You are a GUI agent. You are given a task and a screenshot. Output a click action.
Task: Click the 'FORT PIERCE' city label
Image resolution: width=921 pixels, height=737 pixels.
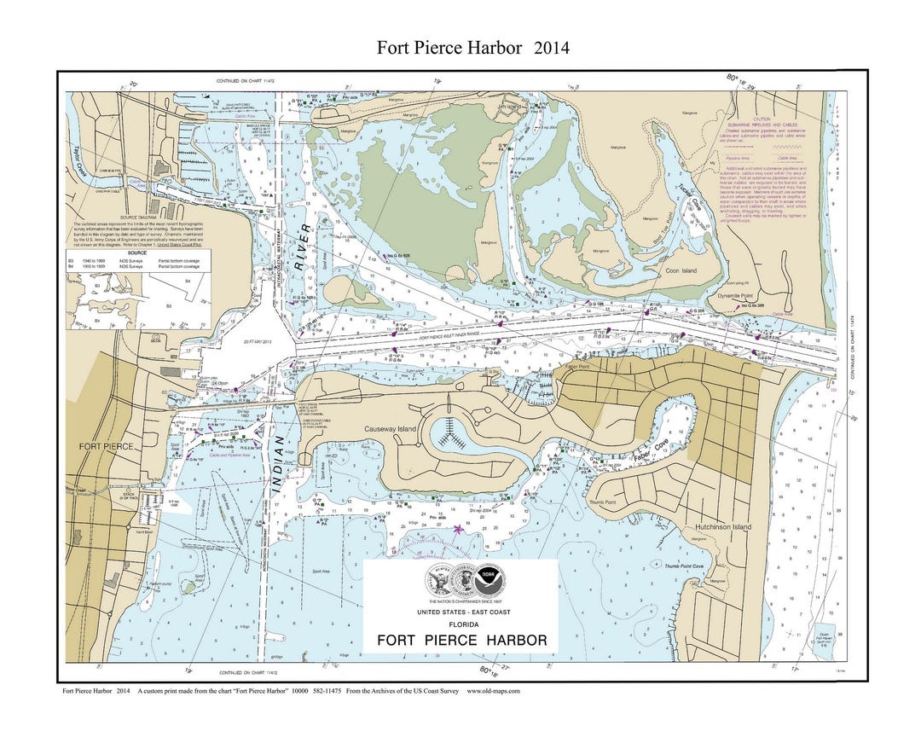point(106,446)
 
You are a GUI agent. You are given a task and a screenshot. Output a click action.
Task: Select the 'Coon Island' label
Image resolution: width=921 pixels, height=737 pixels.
point(681,270)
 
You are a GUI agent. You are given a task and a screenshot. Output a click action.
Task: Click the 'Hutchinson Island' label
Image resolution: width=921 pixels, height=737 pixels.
point(722,527)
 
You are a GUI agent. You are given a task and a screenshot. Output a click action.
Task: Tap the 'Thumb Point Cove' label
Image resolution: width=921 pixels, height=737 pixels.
point(684,566)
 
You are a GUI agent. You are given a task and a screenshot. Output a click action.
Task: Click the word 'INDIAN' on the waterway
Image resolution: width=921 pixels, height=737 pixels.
point(279,465)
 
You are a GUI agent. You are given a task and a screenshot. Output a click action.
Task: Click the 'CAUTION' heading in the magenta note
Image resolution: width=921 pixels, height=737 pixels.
point(762,119)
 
